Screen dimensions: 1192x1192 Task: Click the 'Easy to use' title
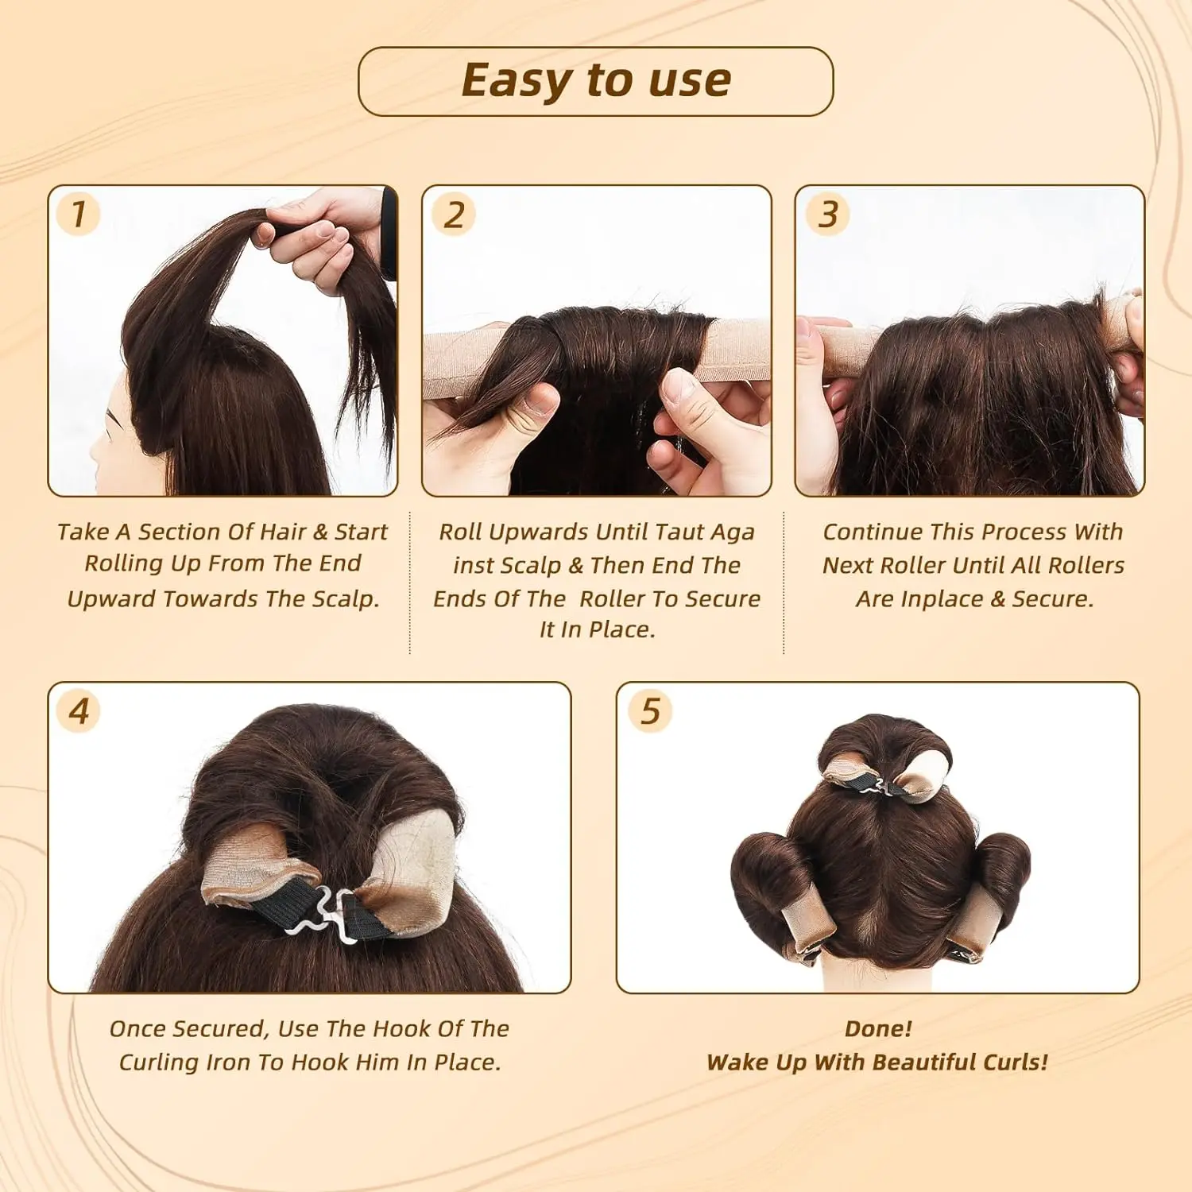tap(596, 81)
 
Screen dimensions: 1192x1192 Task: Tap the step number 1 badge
tap(78, 215)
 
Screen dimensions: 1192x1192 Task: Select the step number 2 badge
tap(454, 215)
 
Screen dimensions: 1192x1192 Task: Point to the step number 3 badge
tap(828, 215)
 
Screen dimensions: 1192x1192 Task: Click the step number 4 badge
tap(79, 711)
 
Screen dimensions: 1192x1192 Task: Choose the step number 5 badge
tap(650, 711)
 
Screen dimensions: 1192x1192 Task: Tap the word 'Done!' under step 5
tap(878, 1028)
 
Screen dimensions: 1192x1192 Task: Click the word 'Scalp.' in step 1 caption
tap(346, 598)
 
